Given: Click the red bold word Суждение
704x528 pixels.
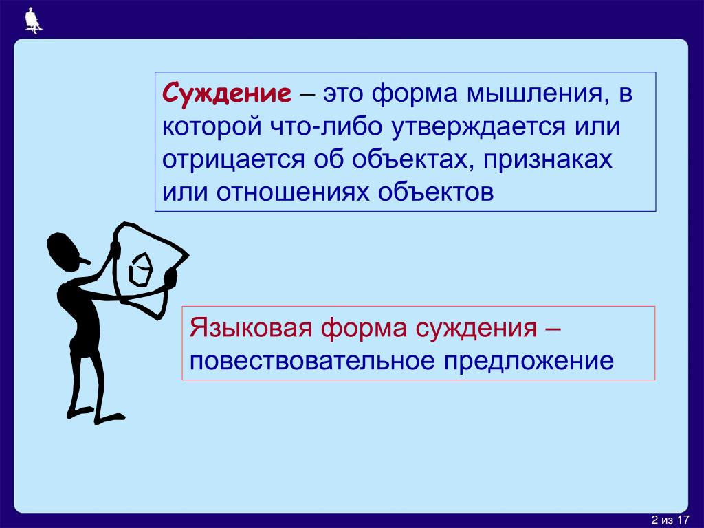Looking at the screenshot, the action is (x=227, y=93).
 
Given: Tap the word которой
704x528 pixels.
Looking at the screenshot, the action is (x=212, y=126).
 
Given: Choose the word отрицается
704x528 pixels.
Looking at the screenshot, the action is (x=234, y=159).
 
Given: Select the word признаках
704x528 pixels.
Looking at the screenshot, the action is (x=548, y=159).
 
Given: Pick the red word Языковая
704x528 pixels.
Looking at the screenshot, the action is (x=250, y=327).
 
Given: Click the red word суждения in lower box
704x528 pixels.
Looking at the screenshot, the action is (x=476, y=328).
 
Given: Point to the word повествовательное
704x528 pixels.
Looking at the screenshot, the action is (x=312, y=360).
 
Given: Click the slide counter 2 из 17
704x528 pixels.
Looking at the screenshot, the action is (x=670, y=520).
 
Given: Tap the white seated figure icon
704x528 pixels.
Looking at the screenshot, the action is (x=33, y=21).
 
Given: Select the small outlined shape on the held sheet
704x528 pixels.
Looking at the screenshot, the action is (x=141, y=269).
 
